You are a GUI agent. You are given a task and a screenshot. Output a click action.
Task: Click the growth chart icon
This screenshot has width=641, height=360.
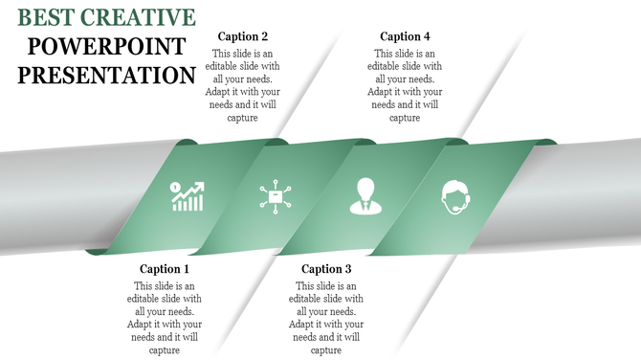[187, 196]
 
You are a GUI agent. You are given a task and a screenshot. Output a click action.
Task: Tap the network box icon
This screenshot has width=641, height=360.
[275, 196]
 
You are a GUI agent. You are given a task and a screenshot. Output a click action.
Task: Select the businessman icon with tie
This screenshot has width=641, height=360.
[364, 195]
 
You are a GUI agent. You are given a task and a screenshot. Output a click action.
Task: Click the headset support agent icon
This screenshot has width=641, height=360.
[454, 196]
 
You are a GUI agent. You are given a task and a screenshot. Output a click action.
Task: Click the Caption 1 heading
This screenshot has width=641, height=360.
[165, 269]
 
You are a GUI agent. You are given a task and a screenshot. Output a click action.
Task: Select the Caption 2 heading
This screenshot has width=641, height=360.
[243, 36]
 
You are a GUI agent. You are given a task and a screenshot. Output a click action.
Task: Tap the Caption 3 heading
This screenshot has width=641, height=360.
[327, 269]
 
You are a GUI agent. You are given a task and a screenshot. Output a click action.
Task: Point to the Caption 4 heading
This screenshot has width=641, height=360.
[405, 36]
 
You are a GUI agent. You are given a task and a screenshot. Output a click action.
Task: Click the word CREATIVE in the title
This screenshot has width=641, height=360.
[140, 16]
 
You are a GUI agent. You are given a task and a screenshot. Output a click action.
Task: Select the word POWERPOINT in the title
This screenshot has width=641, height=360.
[105, 45]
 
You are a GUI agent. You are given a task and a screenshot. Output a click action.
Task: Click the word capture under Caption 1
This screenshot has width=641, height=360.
[165, 350]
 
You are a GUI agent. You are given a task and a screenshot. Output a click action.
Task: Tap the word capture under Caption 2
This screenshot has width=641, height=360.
[243, 118]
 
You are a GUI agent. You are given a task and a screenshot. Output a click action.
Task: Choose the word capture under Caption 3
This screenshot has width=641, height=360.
[327, 350]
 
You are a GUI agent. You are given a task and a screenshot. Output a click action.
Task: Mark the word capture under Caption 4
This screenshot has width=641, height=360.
[405, 118]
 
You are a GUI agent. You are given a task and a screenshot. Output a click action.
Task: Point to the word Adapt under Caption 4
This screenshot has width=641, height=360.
[383, 93]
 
